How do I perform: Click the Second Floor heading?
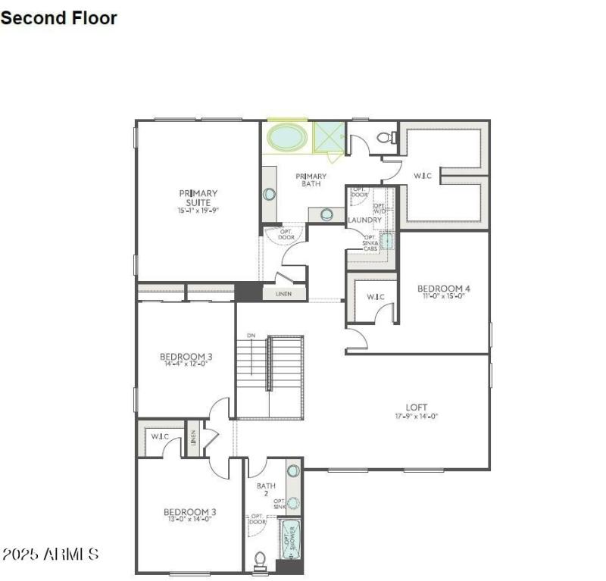coord(59,17)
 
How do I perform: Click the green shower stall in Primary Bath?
coord(328,138)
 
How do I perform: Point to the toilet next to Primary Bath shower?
coord(386,137)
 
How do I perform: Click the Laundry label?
coord(364,220)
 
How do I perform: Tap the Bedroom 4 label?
coord(444,289)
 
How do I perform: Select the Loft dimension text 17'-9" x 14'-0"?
coord(417,416)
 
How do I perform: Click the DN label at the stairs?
coord(251,335)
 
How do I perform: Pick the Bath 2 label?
coord(266,489)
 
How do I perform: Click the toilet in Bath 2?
coord(260,559)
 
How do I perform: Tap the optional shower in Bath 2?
coord(289,539)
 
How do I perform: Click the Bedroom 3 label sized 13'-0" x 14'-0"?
coord(188,513)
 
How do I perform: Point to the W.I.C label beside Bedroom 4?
coord(375,296)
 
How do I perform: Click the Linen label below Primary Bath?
coord(283,293)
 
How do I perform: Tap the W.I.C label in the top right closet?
coord(423,176)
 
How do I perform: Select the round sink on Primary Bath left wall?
coord(269,194)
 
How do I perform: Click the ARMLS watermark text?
coord(49,554)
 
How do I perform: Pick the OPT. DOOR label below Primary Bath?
coord(286,234)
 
